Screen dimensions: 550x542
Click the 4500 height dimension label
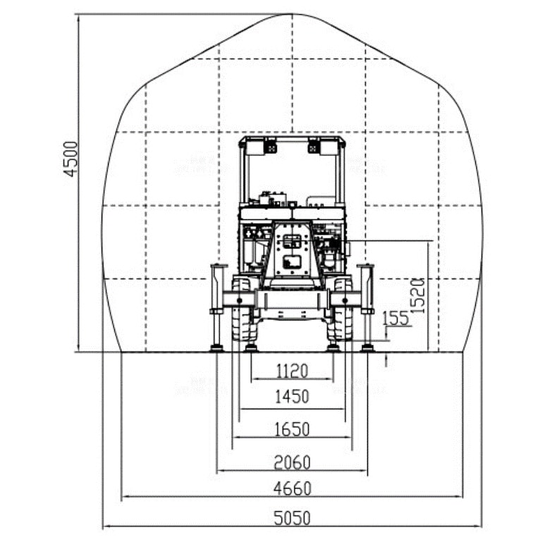click(x=71, y=159)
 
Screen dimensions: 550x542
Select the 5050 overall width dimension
click(x=292, y=518)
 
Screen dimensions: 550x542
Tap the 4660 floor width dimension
click(x=293, y=488)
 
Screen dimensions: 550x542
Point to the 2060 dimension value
click(x=292, y=462)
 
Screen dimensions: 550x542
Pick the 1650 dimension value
click(x=292, y=429)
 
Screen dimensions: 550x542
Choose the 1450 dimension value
click(x=292, y=397)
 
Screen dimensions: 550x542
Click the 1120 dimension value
click(x=292, y=371)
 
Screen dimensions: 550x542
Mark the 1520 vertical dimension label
click(x=418, y=295)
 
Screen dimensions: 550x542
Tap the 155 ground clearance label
click(x=396, y=319)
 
